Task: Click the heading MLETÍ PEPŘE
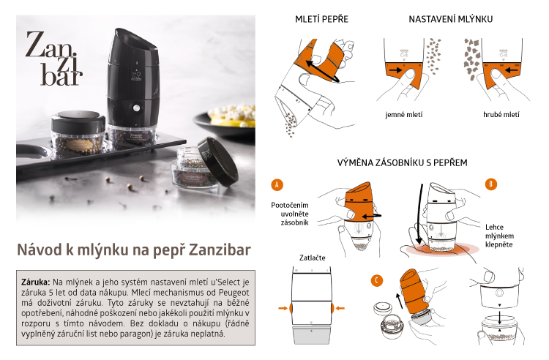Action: pyautogui.click(x=321, y=18)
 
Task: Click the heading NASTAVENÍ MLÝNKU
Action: pyautogui.click(x=451, y=19)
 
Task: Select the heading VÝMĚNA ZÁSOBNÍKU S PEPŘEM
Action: pyautogui.click(x=403, y=162)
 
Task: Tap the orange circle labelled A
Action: pyautogui.click(x=277, y=184)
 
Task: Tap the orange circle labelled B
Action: pyautogui.click(x=491, y=184)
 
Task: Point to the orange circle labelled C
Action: pyautogui.click(x=377, y=280)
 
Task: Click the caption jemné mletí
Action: pyautogui.click(x=403, y=114)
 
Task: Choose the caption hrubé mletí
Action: pyautogui.click(x=501, y=114)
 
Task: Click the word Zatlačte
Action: pyautogui.click(x=313, y=258)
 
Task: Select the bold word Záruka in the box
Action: pyautogui.click(x=36, y=282)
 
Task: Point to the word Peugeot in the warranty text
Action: pyautogui.click(x=234, y=293)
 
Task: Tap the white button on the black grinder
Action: pyautogui.click(x=136, y=108)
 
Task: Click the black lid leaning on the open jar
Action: pyautogui.click(x=218, y=161)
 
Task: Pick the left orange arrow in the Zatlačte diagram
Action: pyautogui.click(x=283, y=308)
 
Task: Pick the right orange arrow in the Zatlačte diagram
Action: pyautogui.click(x=340, y=308)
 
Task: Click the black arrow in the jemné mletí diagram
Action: pyautogui.click(x=395, y=70)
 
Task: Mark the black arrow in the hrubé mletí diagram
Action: pyautogui.click(x=511, y=70)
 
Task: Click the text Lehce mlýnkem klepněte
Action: pyautogui.click(x=499, y=236)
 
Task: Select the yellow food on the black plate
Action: pyautogui.click(x=232, y=116)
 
